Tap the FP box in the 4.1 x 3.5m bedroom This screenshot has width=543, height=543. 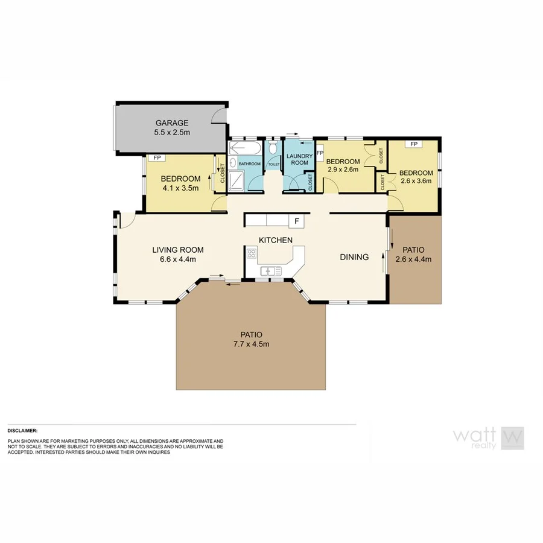tap(156, 158)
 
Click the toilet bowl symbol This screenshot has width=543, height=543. tap(273, 148)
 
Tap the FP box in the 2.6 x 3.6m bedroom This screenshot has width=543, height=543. tap(414, 144)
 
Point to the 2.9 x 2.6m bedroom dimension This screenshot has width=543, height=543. tap(343, 170)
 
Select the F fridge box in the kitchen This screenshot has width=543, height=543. tap(297, 222)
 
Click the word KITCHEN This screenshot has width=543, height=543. tap(276, 240)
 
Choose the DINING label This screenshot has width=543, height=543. tap(354, 257)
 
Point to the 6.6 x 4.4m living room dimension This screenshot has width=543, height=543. tap(177, 259)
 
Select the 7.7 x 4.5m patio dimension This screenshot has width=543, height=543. tap(251, 344)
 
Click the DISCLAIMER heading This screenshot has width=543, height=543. tap(22, 431)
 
